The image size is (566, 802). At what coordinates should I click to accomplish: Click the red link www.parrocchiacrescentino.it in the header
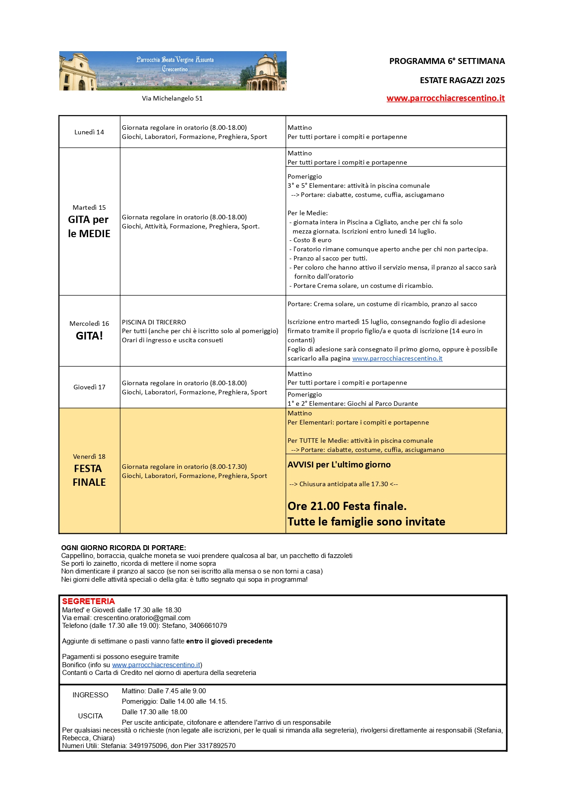(x=445, y=98)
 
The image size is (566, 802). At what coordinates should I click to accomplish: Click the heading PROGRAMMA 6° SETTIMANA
(x=447, y=61)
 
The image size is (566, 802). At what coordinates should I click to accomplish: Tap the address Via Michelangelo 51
(x=172, y=98)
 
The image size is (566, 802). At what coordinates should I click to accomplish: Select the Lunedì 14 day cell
(x=89, y=132)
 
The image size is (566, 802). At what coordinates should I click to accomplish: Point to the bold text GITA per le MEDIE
(x=89, y=227)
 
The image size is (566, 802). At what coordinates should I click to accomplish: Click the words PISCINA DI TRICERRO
(x=154, y=322)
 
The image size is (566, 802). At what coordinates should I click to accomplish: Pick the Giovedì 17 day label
(x=89, y=387)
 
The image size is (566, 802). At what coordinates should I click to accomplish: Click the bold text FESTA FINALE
(x=89, y=475)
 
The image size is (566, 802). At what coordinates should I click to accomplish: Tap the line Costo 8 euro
(x=312, y=240)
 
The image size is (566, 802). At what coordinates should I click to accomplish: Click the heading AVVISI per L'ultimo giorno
(x=339, y=465)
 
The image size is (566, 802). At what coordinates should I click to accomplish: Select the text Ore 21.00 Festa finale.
(x=347, y=506)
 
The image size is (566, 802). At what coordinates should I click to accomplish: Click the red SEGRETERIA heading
(x=89, y=601)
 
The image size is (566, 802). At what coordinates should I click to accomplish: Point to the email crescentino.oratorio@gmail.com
(x=142, y=618)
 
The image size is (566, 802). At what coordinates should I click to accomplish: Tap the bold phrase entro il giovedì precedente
(x=229, y=641)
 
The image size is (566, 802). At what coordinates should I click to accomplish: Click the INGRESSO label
(x=90, y=695)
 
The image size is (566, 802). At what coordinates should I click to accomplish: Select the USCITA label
(x=90, y=716)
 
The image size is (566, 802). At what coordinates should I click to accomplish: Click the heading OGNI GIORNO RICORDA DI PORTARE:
(x=123, y=547)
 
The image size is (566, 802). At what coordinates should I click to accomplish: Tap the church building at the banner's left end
(x=78, y=72)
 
